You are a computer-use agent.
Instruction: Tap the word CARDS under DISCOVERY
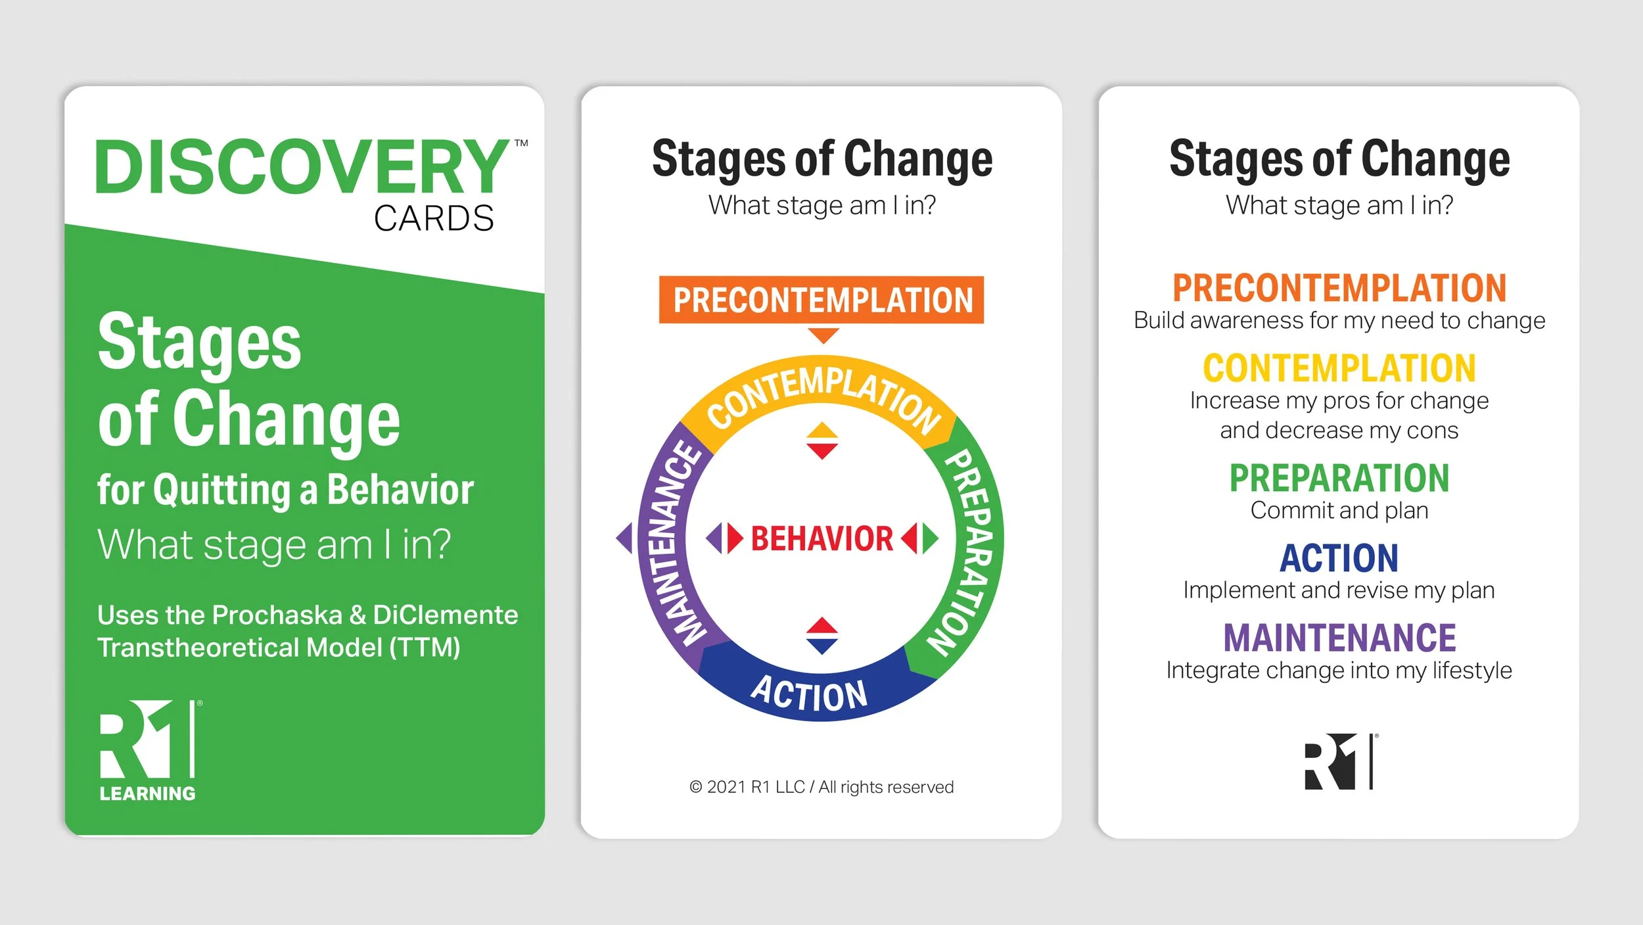pyautogui.click(x=434, y=218)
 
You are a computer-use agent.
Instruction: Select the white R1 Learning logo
pyautogui.click(x=149, y=750)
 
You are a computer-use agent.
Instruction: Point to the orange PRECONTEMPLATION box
pyautogui.click(x=821, y=300)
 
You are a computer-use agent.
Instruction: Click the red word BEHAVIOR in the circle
pyautogui.click(x=821, y=538)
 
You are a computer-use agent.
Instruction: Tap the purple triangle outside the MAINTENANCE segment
pyautogui.click(x=624, y=538)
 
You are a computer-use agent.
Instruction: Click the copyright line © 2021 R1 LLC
pyautogui.click(x=821, y=787)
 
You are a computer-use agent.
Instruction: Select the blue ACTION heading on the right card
pyautogui.click(x=1339, y=558)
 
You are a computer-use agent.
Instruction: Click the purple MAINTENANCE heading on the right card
pyautogui.click(x=1339, y=638)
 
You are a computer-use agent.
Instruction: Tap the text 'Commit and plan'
pyautogui.click(x=1339, y=511)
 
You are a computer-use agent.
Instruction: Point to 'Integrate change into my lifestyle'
pyautogui.click(x=1339, y=671)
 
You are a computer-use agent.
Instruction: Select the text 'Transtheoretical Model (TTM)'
pyautogui.click(x=279, y=648)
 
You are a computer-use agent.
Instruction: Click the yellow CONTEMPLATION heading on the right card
pyautogui.click(x=1339, y=368)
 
